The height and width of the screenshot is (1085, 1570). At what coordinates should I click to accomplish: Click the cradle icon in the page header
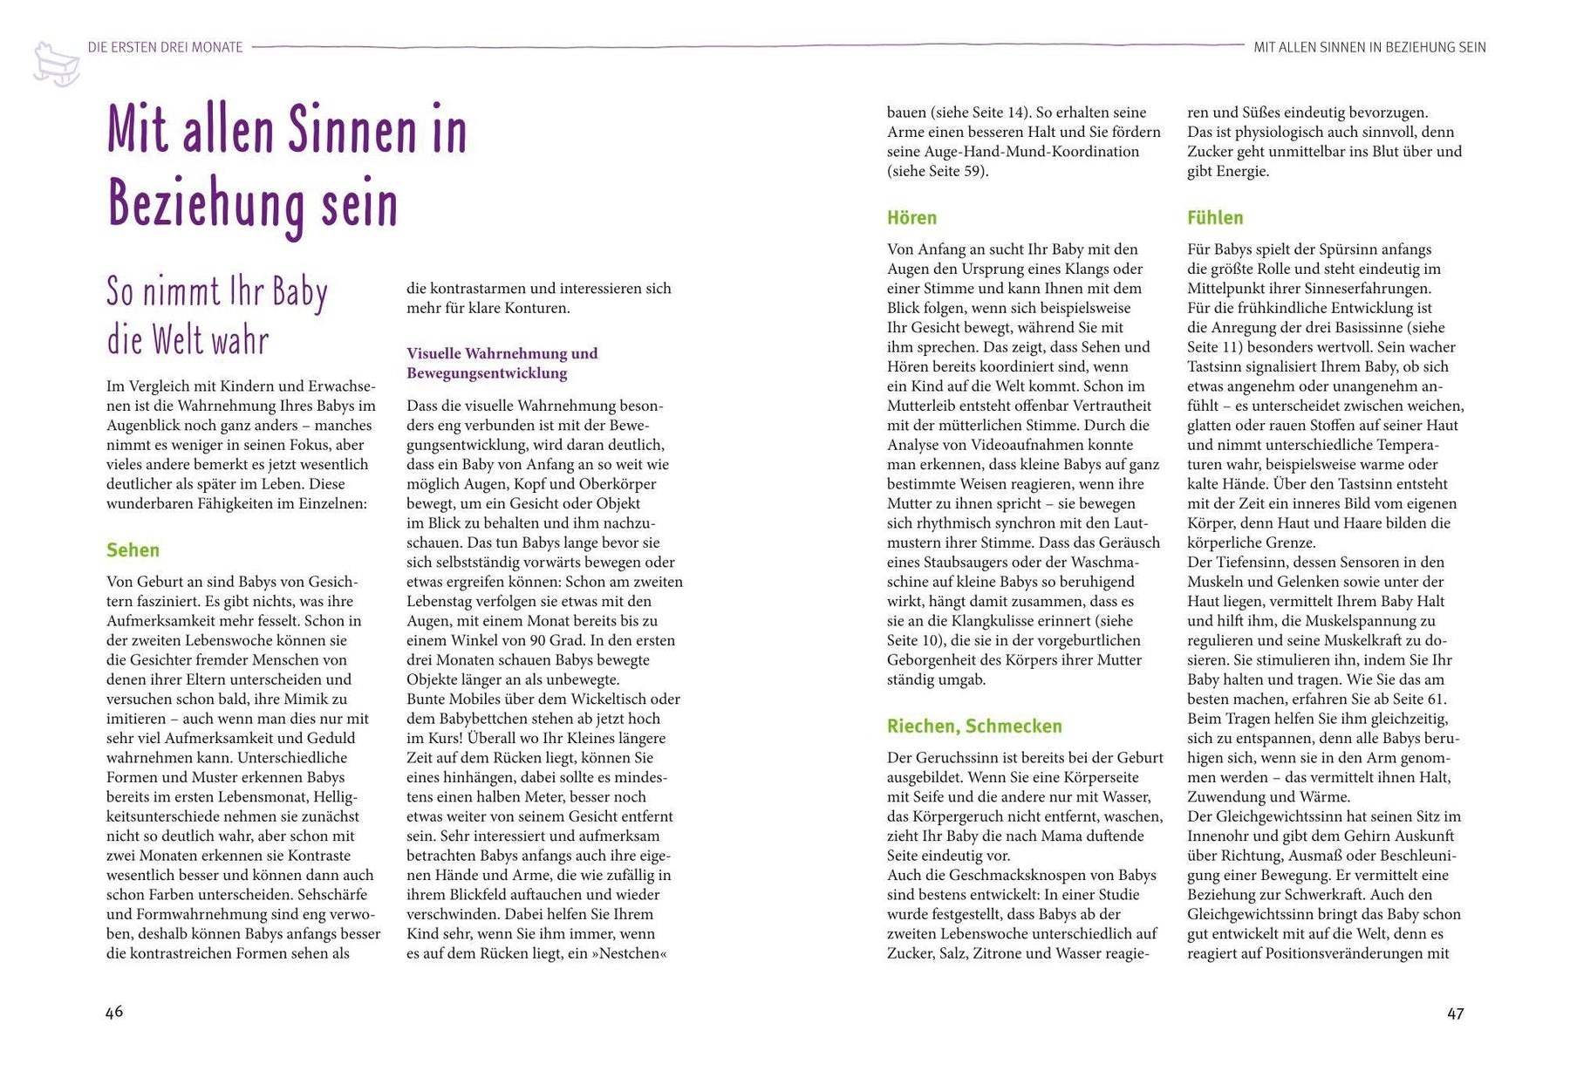tap(56, 64)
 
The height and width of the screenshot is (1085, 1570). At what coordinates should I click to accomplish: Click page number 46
tap(114, 1012)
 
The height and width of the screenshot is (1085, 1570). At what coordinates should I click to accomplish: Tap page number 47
tap(1455, 1013)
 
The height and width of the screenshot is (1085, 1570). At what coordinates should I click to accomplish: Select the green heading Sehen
tap(133, 549)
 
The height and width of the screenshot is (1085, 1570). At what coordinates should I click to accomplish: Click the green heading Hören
tap(911, 218)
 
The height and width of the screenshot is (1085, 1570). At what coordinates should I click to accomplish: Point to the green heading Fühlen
tap(1215, 218)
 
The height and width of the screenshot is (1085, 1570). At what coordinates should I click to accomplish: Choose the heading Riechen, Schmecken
tap(974, 726)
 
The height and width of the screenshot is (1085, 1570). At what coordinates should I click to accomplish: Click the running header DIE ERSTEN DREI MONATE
tap(165, 47)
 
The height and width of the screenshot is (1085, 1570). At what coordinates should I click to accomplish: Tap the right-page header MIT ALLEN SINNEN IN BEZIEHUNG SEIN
tap(1369, 47)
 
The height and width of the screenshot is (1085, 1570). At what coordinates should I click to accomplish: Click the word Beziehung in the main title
tap(208, 205)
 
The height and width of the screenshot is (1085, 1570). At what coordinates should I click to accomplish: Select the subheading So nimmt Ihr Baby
tap(216, 292)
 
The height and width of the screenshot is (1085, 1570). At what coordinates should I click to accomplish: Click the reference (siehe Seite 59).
tap(938, 171)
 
